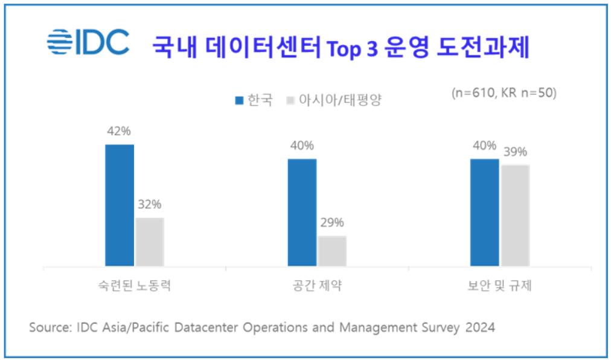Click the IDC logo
pyautogui.click(x=88, y=42)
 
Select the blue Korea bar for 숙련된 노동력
pyautogui.click(x=120, y=205)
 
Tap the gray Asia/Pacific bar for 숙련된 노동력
pyautogui.click(x=150, y=242)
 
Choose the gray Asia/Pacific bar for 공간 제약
pyautogui.click(x=333, y=251)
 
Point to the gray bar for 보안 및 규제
pyautogui.click(x=515, y=215)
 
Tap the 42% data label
pyautogui.click(x=118, y=132)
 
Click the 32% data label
pyautogui.click(x=150, y=205)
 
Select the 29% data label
pyautogui.click(x=332, y=223)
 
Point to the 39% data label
pyautogui.click(x=515, y=152)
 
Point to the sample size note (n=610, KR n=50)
pyautogui.click(x=504, y=93)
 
